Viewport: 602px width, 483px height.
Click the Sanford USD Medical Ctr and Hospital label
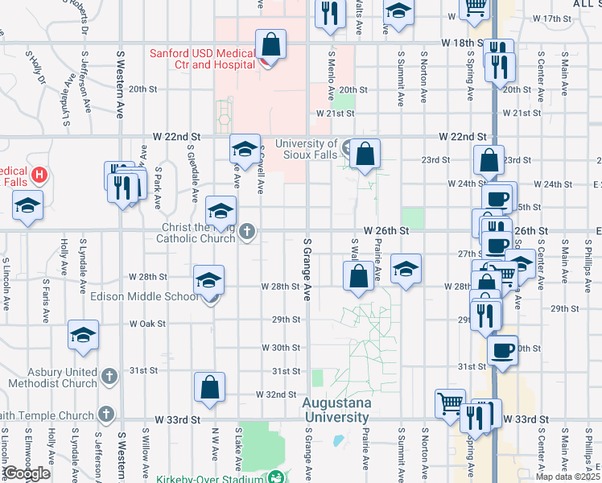tap(201, 60)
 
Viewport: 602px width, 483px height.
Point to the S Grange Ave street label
tap(307, 269)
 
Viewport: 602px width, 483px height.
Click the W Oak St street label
tap(147, 324)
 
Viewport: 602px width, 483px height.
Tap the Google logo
tap(27, 473)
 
